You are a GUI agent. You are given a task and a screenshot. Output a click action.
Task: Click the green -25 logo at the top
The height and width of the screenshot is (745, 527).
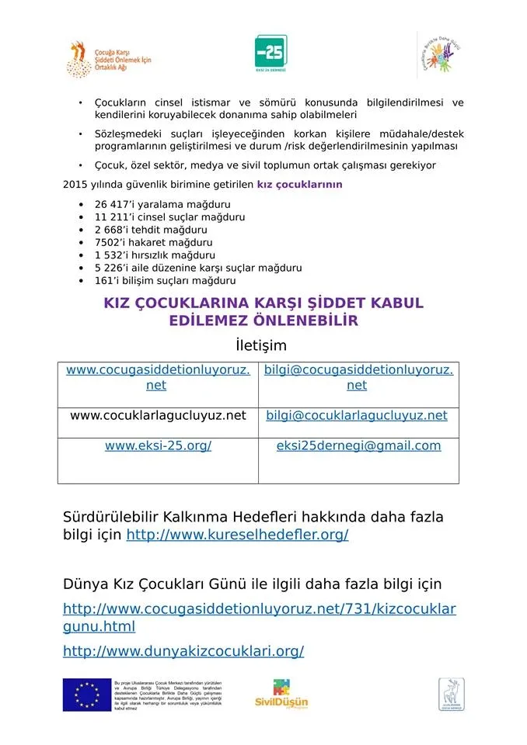(x=270, y=52)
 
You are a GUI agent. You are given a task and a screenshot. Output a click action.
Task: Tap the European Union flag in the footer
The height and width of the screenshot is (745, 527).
(x=86, y=694)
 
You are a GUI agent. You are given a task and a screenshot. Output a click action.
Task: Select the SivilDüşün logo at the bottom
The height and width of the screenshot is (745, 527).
(x=281, y=694)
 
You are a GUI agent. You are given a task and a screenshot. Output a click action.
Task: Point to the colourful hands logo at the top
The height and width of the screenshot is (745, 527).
(x=440, y=54)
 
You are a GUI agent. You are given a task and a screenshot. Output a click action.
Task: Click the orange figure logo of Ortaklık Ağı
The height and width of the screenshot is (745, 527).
(x=79, y=59)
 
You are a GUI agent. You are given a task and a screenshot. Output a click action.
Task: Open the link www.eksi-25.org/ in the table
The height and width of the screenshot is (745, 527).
(x=158, y=445)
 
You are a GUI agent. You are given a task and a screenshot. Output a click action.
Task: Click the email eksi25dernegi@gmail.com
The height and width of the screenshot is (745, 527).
(x=358, y=445)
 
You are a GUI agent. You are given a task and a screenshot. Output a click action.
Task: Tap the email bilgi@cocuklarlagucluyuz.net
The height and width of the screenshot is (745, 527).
(x=357, y=415)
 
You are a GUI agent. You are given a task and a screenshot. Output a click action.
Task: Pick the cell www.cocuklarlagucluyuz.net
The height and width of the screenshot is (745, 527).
(x=158, y=415)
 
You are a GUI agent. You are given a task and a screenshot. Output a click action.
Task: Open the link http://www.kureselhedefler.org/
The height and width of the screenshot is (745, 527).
(x=237, y=535)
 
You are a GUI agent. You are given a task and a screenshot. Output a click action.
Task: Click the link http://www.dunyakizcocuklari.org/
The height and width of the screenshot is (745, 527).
(x=183, y=651)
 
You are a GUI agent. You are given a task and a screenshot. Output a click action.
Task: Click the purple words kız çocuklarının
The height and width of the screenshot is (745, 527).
(x=299, y=185)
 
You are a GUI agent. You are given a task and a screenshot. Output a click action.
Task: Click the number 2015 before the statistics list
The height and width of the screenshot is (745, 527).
(x=75, y=185)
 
